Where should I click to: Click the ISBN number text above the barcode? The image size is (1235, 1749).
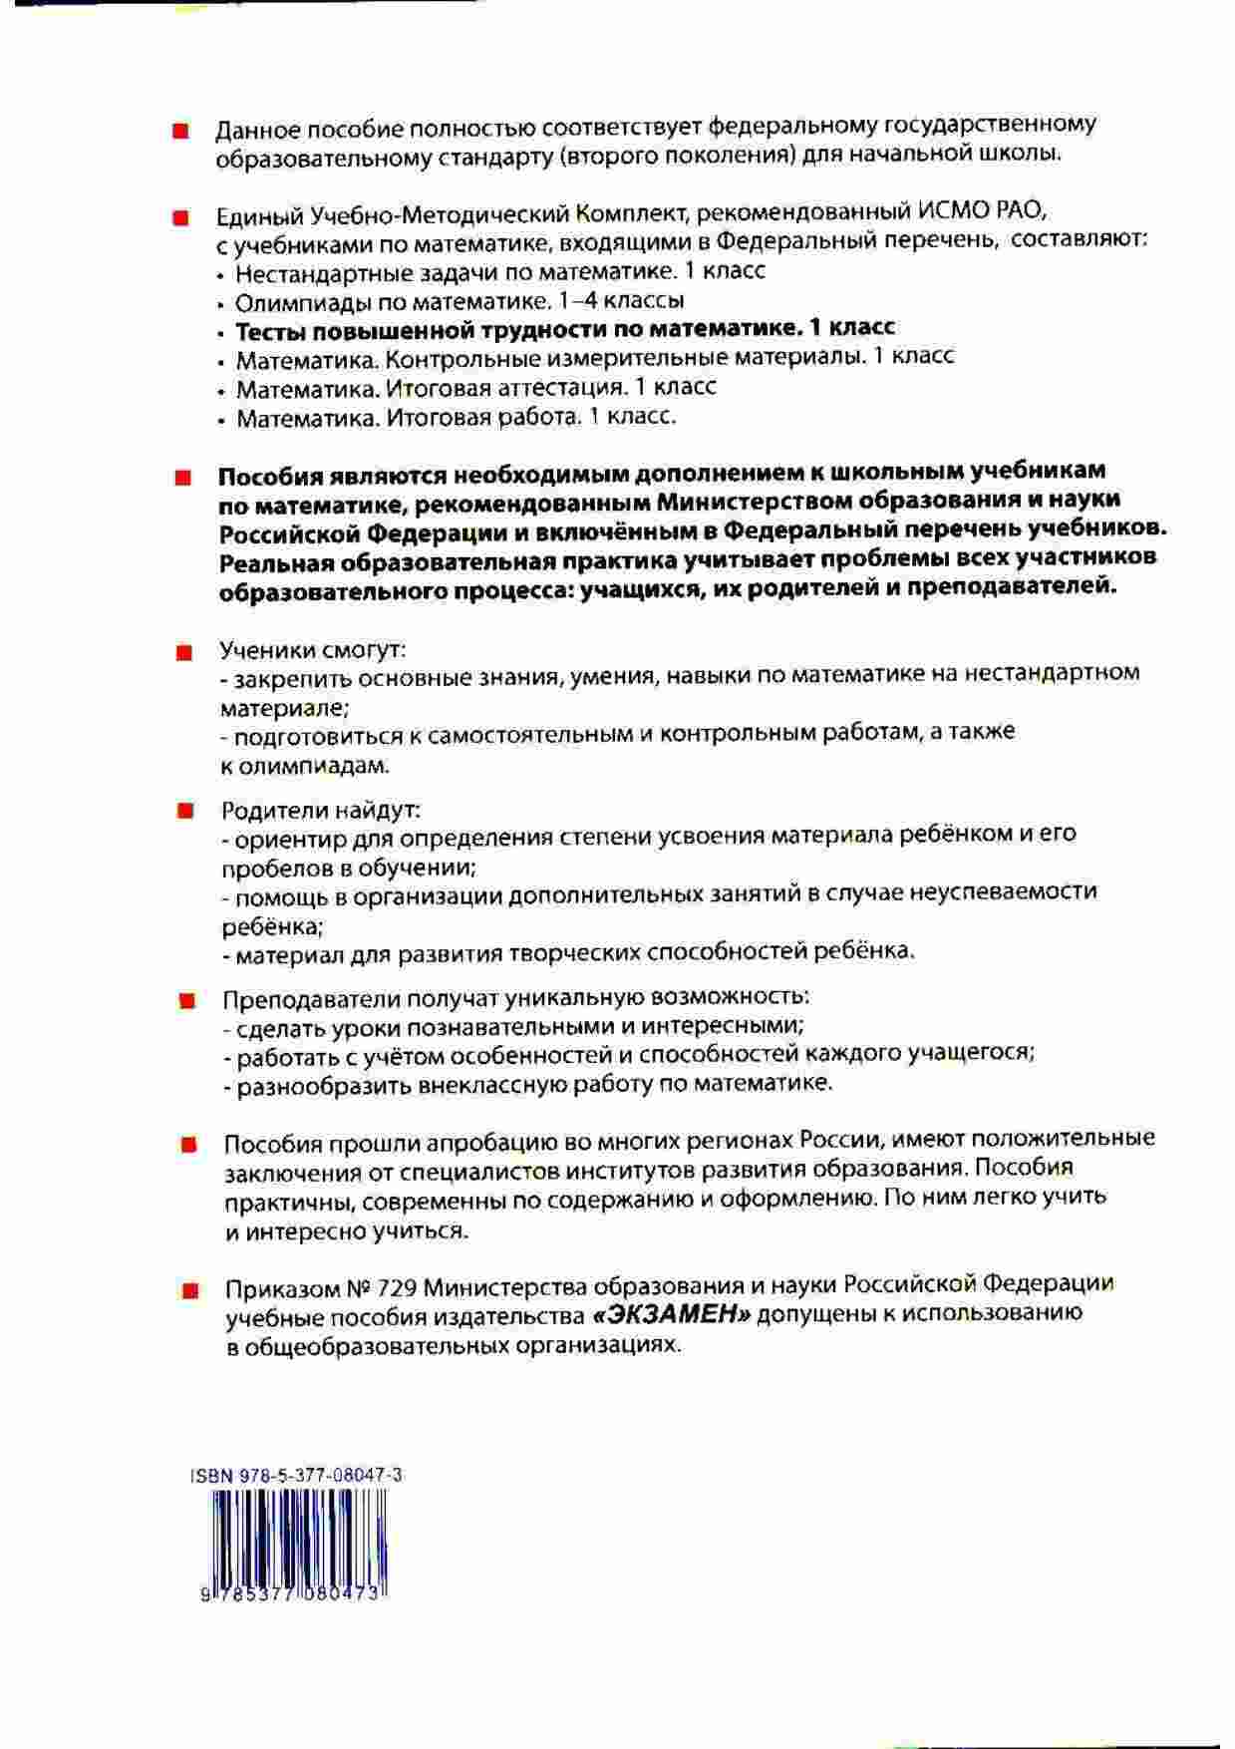pos(296,1476)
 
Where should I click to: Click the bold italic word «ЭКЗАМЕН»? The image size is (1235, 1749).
pos(670,1315)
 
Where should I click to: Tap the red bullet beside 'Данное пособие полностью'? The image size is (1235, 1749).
pos(180,133)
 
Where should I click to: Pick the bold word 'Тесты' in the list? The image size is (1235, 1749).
pos(268,328)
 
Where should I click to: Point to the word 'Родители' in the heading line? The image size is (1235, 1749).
pos(268,810)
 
